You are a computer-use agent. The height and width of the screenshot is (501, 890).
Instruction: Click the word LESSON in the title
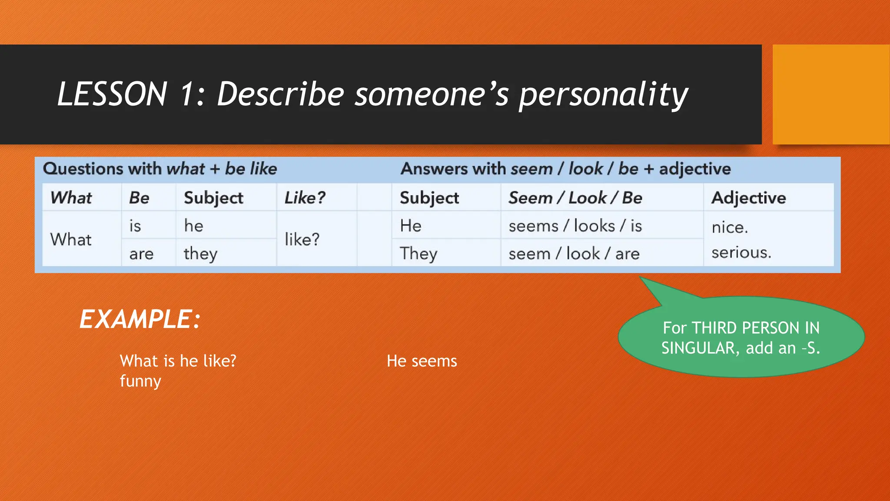coord(112,94)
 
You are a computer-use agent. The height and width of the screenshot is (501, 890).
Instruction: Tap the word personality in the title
coord(603,95)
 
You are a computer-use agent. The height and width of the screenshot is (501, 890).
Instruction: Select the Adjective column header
coord(748,198)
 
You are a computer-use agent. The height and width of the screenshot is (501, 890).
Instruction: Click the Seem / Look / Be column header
coord(575,198)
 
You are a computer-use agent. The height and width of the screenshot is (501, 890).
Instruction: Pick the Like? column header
coord(305,198)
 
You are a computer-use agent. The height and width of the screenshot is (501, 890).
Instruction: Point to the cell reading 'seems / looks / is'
coord(575,226)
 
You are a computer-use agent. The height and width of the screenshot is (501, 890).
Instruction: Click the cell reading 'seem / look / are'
coord(574,254)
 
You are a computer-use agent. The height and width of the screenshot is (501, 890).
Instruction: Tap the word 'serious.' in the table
coord(741,253)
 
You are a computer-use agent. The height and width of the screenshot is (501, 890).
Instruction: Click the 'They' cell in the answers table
coord(418,254)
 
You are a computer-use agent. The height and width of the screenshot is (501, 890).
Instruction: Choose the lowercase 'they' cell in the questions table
coord(200,254)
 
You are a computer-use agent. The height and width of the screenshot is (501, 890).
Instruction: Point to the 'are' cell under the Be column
coord(141,254)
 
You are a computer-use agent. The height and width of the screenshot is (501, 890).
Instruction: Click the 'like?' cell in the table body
coord(302,240)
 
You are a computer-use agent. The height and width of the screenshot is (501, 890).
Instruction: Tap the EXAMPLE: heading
coord(139,319)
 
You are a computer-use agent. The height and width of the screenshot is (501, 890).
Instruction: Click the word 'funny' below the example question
coord(140,381)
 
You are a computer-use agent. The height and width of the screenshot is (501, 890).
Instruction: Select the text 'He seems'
coord(422,361)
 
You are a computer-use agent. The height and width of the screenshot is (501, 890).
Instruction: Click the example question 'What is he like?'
coord(178,361)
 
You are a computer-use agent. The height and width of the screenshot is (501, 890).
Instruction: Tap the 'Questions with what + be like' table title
coord(159,169)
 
